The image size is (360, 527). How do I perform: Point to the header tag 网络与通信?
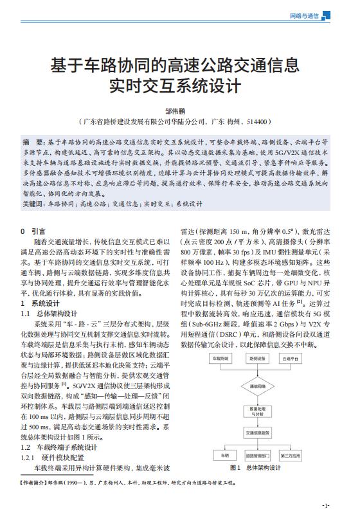[305, 15]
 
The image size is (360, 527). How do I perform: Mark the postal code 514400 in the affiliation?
[255, 121]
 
